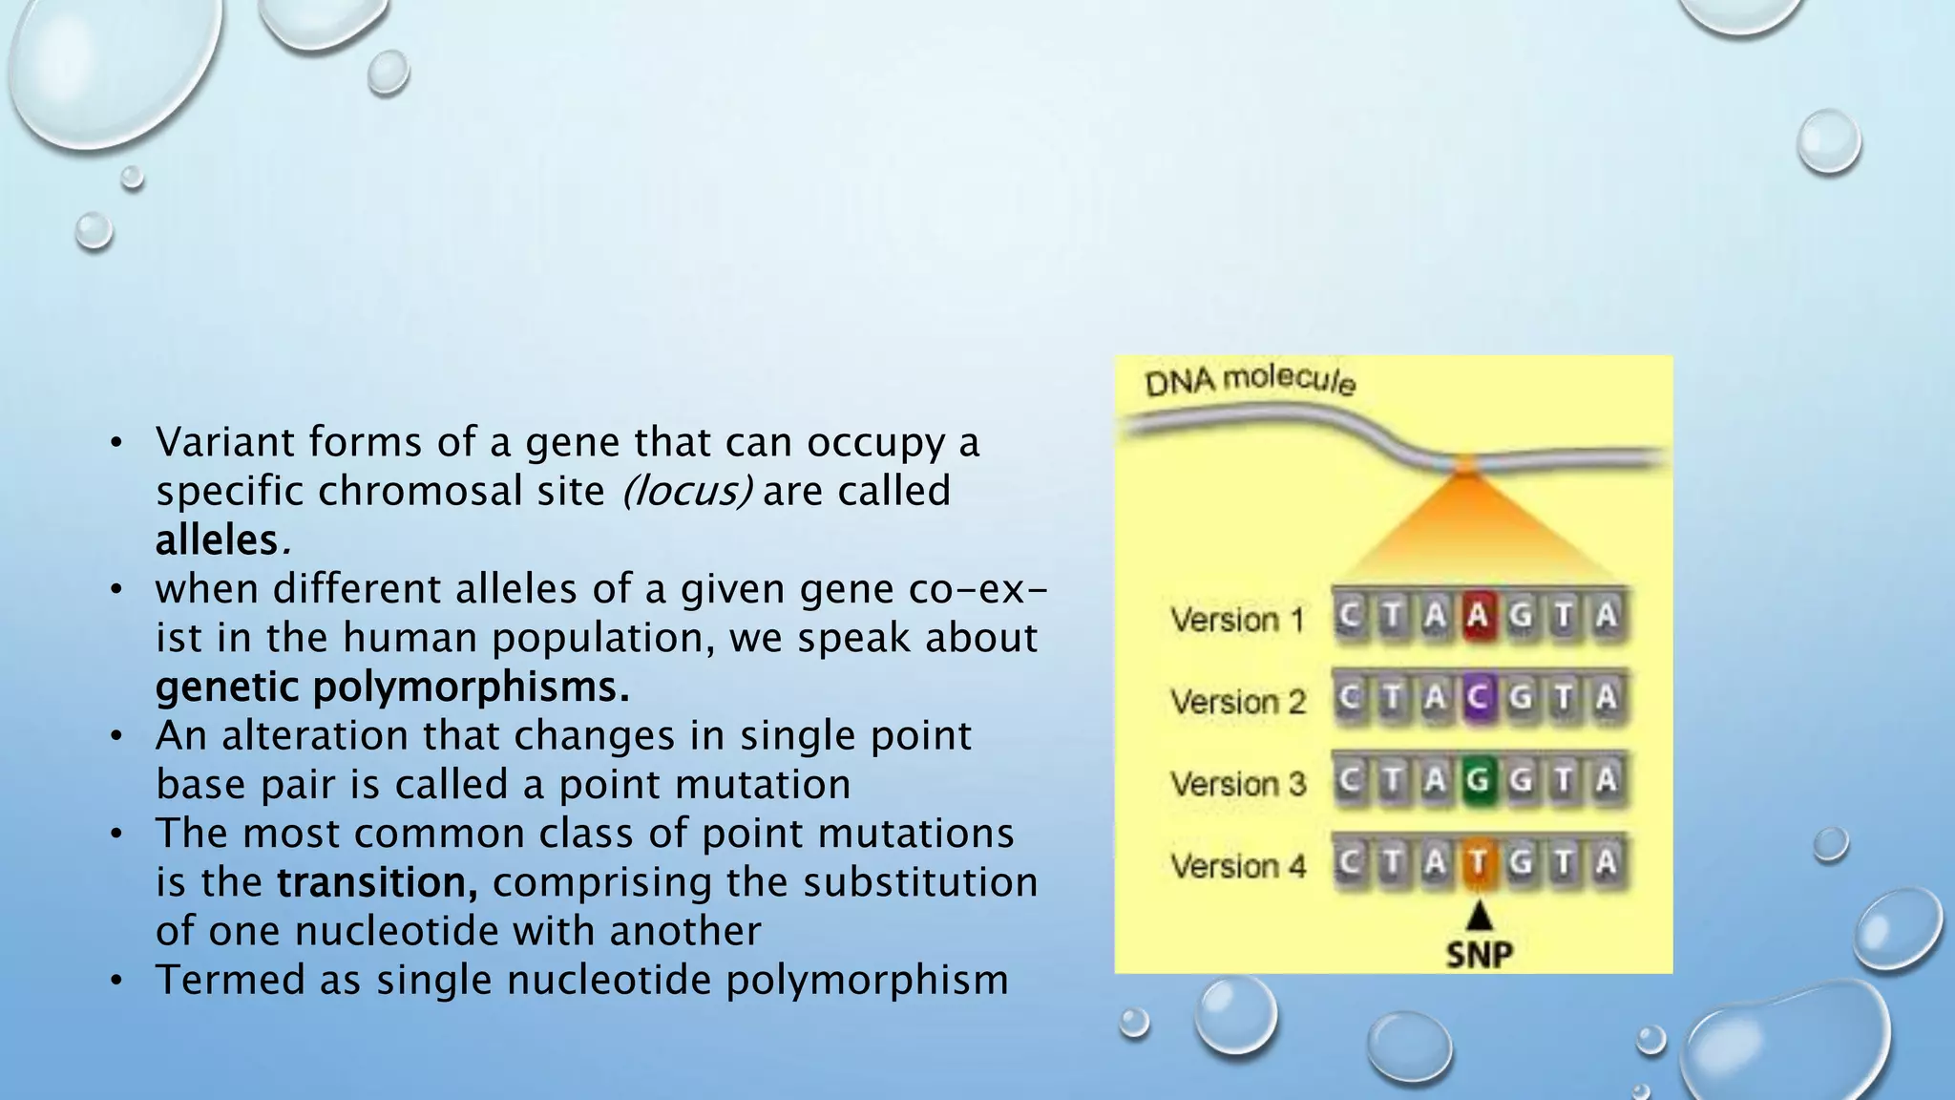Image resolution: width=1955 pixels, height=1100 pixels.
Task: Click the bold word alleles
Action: click(x=216, y=540)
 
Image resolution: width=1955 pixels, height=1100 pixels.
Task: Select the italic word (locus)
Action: click(x=686, y=492)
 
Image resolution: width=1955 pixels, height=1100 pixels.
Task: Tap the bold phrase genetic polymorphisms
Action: click(x=391, y=687)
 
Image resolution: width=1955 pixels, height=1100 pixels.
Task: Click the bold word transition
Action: click(x=377, y=882)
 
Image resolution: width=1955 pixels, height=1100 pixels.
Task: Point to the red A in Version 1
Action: click(x=1478, y=616)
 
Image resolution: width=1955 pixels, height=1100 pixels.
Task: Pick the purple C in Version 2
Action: click(x=1478, y=698)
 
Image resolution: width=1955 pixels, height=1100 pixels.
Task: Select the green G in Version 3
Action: click(x=1478, y=780)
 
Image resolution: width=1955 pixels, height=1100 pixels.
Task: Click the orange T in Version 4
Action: click(x=1478, y=862)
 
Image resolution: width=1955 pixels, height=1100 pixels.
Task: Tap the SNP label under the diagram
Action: click(x=1479, y=954)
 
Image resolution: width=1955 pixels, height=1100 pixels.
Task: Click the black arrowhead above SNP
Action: click(x=1479, y=916)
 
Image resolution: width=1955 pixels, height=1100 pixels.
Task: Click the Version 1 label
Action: click(x=1237, y=620)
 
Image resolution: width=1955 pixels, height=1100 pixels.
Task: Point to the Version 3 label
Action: click(x=1237, y=784)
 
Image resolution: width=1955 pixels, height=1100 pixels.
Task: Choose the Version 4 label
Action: click(x=1237, y=866)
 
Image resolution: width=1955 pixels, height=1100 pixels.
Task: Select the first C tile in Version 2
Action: click(x=1349, y=698)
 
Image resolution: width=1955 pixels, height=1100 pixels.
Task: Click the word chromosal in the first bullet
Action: click(x=461, y=492)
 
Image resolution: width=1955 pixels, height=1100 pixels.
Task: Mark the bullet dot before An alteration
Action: click(x=116, y=736)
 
